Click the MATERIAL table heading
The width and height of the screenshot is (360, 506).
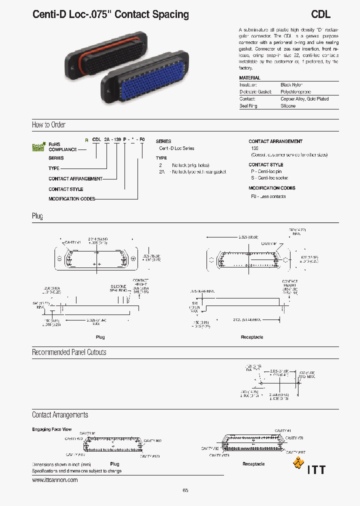coord(249,78)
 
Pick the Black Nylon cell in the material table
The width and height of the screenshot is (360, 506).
coord(291,85)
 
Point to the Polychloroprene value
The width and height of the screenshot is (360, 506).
coord(295,92)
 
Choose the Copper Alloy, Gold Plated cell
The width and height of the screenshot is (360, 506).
coord(304,99)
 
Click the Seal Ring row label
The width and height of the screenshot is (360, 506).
coord(248,106)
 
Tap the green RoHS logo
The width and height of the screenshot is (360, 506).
coord(38,147)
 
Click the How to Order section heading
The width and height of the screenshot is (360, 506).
coord(48,125)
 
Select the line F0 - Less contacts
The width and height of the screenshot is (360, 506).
coord(268,196)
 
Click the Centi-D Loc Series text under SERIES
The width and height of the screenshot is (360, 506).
coord(176,148)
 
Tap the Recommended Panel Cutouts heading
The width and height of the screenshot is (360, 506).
coord(69,352)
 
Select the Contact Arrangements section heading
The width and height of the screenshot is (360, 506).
coord(59,415)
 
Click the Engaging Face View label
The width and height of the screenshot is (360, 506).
coord(51,429)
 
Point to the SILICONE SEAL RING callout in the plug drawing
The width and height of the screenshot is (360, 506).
coord(118,288)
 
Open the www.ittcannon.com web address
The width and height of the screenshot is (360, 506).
coord(55,480)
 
